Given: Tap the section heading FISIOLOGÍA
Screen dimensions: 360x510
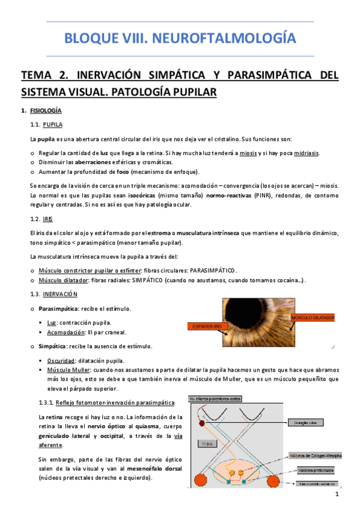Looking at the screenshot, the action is (x=45, y=112).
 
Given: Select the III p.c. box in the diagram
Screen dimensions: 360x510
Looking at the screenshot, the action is (x=203, y=443).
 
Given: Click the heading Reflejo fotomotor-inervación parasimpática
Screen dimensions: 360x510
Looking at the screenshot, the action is (x=114, y=402).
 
